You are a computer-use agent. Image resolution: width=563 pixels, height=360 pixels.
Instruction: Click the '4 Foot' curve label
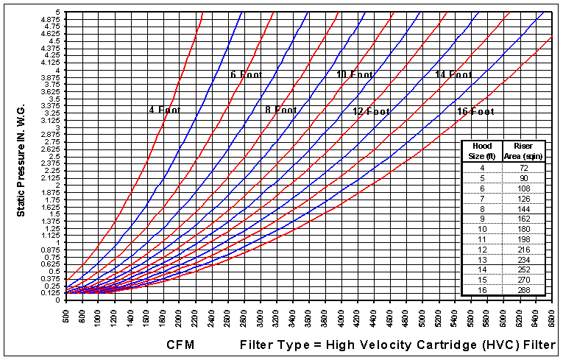pos(165,110)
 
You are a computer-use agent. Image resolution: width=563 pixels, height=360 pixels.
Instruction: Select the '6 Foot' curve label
pos(246,74)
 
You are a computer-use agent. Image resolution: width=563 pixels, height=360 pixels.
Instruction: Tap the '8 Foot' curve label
pos(281,110)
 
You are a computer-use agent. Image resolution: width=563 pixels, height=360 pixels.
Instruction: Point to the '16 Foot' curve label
pos(475,112)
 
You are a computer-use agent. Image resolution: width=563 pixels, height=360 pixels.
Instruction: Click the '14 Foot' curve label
pos(454,74)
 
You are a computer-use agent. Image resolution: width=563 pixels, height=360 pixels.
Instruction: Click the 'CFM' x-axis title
pos(180,345)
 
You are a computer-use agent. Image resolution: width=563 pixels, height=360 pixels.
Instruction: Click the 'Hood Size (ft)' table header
pos(481,150)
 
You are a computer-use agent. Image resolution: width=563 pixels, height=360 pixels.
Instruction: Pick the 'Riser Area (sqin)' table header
pos(523,150)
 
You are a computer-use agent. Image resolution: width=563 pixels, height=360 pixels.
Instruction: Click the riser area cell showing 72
pos(523,168)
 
